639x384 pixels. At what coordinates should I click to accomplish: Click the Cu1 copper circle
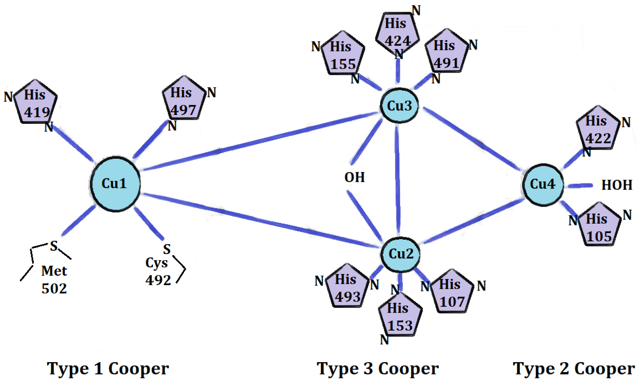[x=115, y=184]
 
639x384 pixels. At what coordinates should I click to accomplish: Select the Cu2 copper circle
[x=400, y=255]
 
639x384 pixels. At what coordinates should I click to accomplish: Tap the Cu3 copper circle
[x=399, y=105]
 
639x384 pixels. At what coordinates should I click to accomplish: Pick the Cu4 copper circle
[x=543, y=185]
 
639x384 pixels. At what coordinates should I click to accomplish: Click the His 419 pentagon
[x=35, y=103]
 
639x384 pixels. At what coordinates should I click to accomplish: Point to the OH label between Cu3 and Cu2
[x=354, y=178]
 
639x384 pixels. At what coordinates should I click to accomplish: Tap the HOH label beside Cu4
[x=616, y=185]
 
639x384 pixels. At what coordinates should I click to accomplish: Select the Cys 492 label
[x=158, y=272]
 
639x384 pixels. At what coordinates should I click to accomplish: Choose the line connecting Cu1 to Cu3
[x=259, y=141]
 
